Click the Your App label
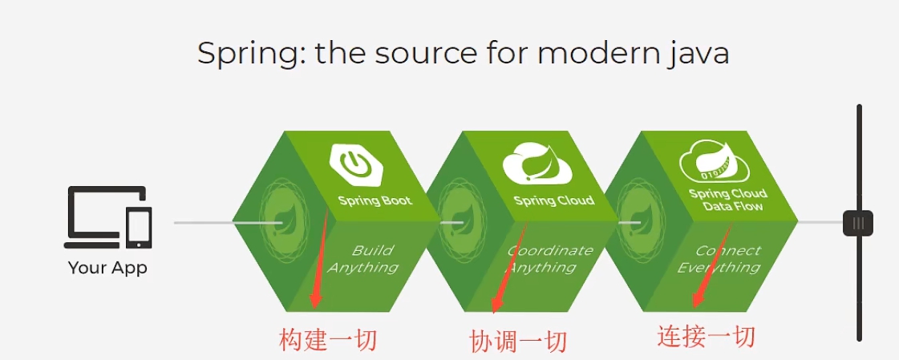coord(107,268)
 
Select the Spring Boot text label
coord(375,200)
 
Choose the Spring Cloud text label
coord(554,200)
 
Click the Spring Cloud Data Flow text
coord(728,200)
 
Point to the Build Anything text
coord(367,258)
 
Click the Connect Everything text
coord(723,258)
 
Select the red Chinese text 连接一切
coord(706,337)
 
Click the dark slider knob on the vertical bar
coord(858,223)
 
